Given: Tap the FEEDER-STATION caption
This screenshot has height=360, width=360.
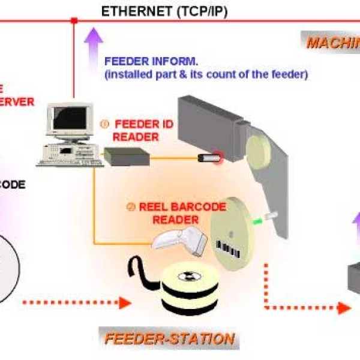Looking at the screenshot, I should [169, 338].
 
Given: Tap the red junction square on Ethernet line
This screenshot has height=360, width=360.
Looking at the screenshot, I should [74, 21].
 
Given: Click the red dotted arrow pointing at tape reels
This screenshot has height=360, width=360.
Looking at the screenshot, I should [78, 301].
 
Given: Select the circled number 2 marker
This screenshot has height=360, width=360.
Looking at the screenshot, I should [130, 207].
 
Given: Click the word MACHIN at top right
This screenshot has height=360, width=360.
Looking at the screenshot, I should [333, 43].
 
